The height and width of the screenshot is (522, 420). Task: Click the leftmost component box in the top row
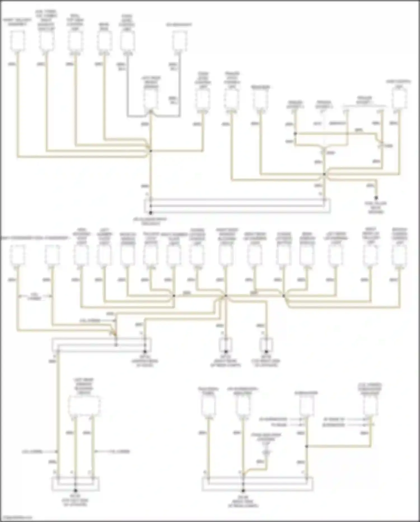click(17, 41)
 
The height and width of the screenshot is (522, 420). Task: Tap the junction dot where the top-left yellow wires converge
click(151, 151)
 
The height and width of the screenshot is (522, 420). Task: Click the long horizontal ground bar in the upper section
click(237, 206)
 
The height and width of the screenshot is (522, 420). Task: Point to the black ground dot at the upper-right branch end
click(376, 198)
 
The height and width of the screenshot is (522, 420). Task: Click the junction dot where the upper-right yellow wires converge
click(325, 174)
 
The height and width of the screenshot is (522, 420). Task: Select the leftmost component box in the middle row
click(17, 255)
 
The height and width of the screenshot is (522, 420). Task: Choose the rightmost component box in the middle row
click(399, 255)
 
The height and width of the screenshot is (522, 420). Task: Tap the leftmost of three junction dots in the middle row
click(174, 296)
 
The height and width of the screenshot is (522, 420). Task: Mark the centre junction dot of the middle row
click(226, 296)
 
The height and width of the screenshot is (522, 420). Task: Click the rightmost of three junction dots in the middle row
click(283, 296)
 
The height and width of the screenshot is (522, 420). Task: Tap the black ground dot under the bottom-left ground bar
click(75, 491)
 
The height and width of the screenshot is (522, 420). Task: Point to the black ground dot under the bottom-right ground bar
click(243, 491)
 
